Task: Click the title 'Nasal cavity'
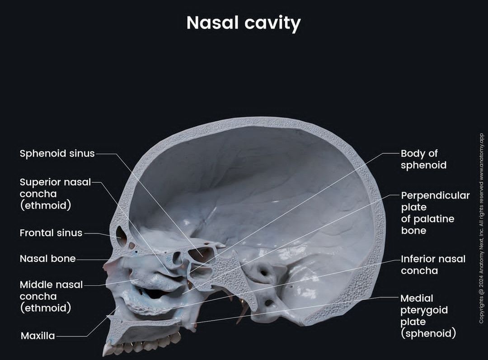244,23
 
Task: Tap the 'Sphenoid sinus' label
57,153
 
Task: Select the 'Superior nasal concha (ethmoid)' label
55,194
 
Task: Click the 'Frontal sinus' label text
51,233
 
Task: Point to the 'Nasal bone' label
47,259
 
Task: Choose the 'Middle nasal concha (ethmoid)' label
52,296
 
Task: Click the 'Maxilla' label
38,336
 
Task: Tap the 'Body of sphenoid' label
423,159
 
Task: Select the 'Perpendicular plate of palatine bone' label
435,213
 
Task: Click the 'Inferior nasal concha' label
433,265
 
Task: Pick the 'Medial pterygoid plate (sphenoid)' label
428,316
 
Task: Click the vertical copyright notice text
482,228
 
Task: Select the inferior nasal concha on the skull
146,303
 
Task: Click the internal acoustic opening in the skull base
263,273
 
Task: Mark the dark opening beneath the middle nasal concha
155,293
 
